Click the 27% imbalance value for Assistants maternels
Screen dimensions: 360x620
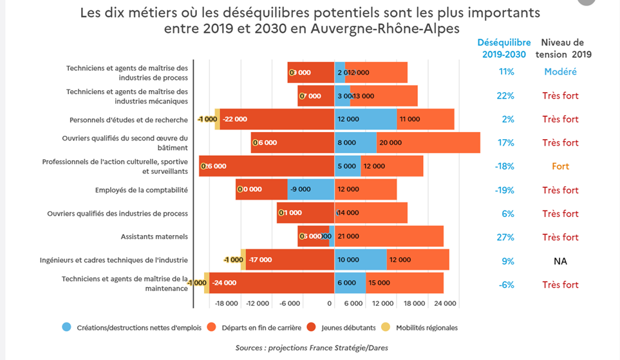505,237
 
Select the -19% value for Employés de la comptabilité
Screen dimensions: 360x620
505,190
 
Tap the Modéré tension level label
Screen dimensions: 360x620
560,71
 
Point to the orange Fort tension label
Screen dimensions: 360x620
560,166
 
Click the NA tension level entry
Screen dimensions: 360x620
560,261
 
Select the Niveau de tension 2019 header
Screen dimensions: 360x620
564,48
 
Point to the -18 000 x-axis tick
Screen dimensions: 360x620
227,303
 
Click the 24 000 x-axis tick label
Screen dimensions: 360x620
445,303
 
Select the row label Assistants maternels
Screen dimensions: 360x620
155,237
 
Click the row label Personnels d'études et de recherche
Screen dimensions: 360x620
129,120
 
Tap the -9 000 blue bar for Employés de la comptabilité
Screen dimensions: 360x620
310,189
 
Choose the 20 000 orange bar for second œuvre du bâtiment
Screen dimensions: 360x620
428,142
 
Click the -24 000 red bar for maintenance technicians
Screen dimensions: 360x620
272,283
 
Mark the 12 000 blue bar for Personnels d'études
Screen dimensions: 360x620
365,119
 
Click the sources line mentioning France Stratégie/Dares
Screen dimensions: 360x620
312,348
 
